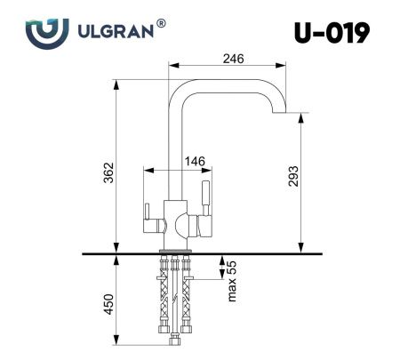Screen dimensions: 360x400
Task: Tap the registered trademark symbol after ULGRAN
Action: (160, 25)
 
